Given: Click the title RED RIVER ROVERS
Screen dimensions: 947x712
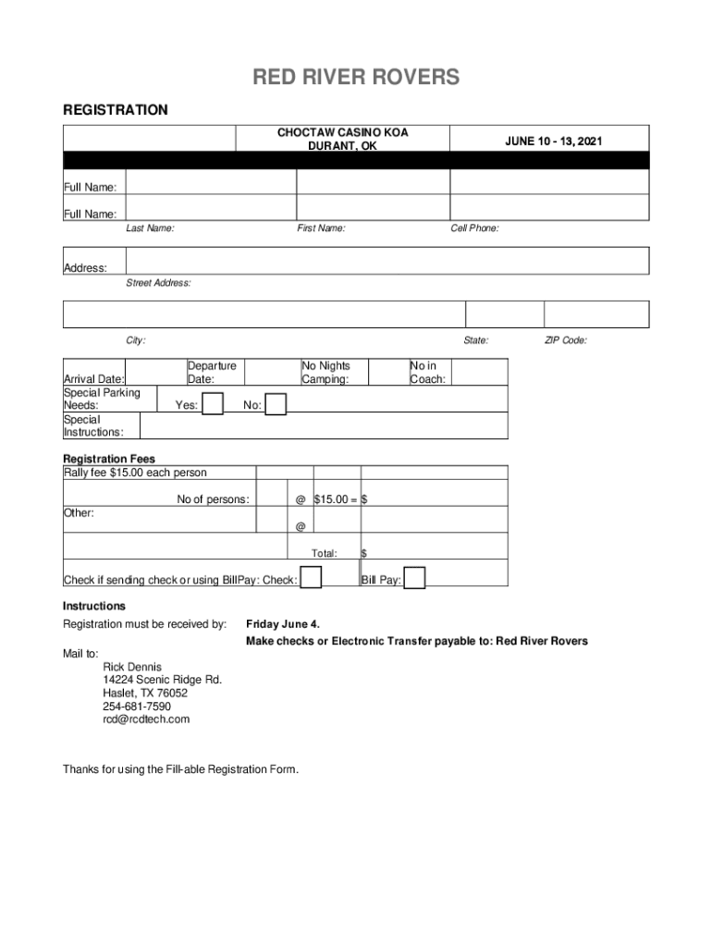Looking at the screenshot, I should [x=356, y=79].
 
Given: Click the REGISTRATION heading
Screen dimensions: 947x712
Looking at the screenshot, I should [x=116, y=110].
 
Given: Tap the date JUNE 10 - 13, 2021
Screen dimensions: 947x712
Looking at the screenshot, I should [x=553, y=141].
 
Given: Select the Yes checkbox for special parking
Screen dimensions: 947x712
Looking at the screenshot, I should [x=213, y=404].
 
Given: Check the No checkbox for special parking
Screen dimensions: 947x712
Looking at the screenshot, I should [x=276, y=405].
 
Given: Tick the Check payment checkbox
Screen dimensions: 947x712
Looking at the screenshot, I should [x=312, y=578].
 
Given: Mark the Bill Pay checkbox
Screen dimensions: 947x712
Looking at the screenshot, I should [x=415, y=578].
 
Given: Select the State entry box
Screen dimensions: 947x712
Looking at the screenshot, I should [x=504, y=314].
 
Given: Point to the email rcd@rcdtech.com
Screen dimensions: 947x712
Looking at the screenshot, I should [x=146, y=719].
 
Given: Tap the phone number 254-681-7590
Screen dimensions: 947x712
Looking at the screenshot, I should [x=137, y=706].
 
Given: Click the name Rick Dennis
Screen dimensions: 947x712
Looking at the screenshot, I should [x=132, y=667].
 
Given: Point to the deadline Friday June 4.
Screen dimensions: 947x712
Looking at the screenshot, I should [x=283, y=624].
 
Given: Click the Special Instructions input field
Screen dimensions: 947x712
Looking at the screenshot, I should [x=324, y=425].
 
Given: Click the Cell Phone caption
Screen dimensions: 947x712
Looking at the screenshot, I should [x=474, y=228].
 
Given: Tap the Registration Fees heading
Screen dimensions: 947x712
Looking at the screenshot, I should [x=109, y=459].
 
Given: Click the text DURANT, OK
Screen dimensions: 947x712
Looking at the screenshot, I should [x=342, y=146].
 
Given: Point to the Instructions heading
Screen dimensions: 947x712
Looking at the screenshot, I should [x=93, y=606].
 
